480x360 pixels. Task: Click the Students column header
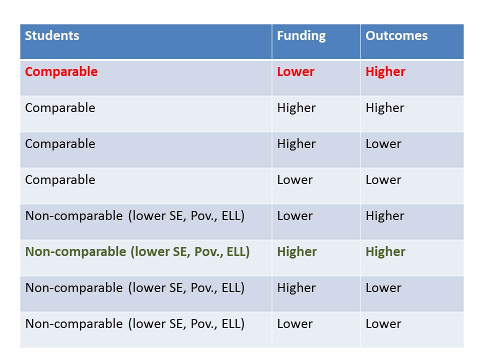click(x=52, y=36)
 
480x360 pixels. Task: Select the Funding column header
click(x=301, y=36)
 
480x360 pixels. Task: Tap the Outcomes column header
click(x=396, y=36)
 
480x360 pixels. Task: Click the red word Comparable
click(x=61, y=72)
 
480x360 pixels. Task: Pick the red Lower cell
click(x=295, y=72)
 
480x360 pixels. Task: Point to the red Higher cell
click(x=385, y=72)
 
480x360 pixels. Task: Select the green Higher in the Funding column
click(x=296, y=252)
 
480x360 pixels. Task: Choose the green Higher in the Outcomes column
click(x=385, y=252)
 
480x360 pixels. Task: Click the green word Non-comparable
click(x=76, y=252)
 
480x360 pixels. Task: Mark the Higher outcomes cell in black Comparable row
click(x=384, y=108)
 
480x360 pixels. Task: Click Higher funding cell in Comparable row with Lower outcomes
click(x=296, y=144)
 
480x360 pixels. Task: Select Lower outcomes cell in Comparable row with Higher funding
click(x=383, y=144)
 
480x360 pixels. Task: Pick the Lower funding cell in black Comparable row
click(x=294, y=180)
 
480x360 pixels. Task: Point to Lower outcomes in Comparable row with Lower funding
click(x=383, y=180)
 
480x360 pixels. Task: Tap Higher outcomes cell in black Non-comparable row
click(x=384, y=216)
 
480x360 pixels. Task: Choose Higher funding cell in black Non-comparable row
click(x=296, y=288)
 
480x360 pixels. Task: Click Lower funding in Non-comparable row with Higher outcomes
click(x=294, y=216)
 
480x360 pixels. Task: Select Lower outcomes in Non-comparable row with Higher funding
click(x=383, y=288)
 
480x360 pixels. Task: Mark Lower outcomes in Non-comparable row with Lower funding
click(x=383, y=324)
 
